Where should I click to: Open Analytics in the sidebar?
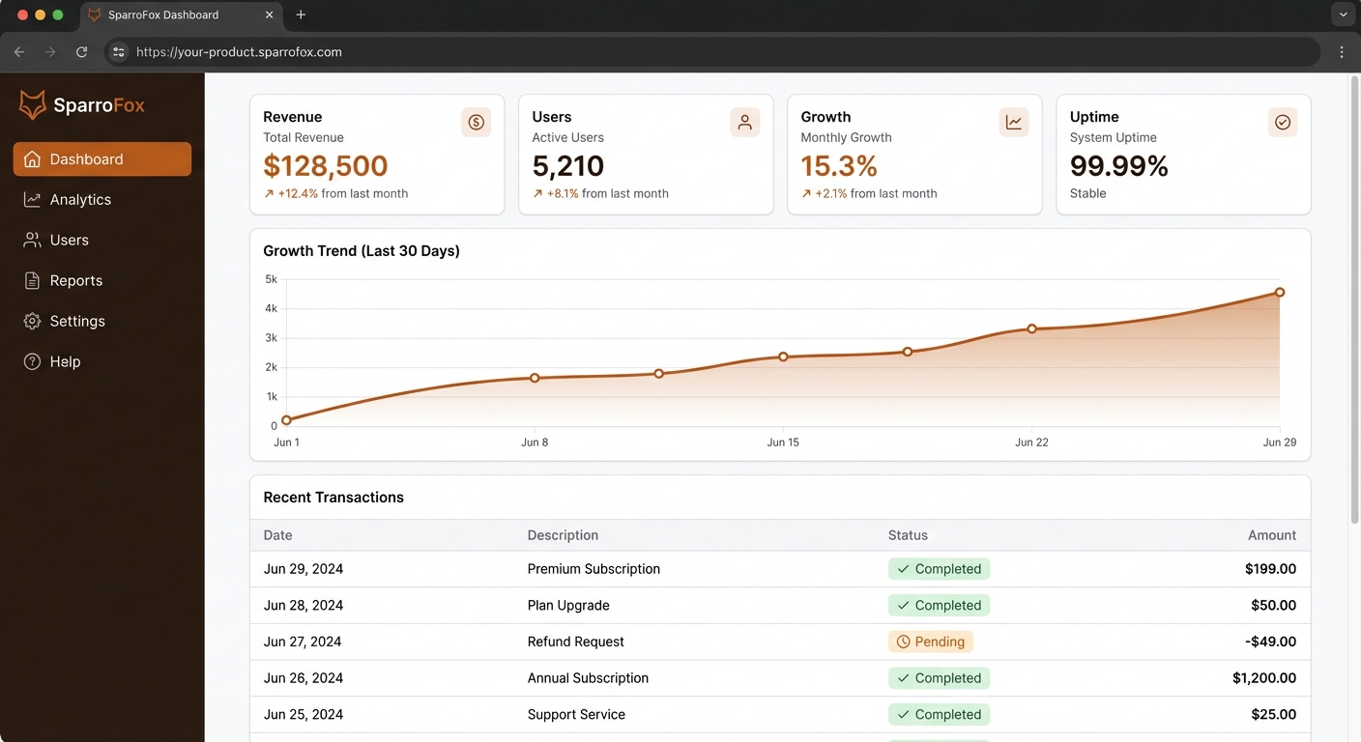click(x=80, y=200)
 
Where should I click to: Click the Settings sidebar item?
click(x=77, y=322)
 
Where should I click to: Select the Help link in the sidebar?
click(x=65, y=362)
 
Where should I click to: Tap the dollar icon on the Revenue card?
click(x=476, y=122)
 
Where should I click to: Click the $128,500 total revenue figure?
click(x=326, y=166)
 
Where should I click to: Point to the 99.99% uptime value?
click(x=1118, y=166)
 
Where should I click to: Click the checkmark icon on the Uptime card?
click(x=1282, y=122)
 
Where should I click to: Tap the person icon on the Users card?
click(x=744, y=122)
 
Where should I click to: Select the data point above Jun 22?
click(x=1031, y=328)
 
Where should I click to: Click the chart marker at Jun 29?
click(x=1279, y=292)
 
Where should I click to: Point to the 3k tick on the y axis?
click(x=271, y=338)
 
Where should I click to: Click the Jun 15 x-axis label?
click(x=783, y=442)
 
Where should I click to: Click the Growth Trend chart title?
click(x=362, y=251)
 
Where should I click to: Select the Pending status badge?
click(x=930, y=642)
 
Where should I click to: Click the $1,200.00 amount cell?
click(x=1263, y=678)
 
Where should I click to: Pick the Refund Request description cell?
click(x=575, y=642)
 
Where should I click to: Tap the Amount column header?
click(x=1271, y=535)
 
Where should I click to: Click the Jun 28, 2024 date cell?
click(x=303, y=606)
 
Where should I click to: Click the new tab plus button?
click(x=301, y=14)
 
